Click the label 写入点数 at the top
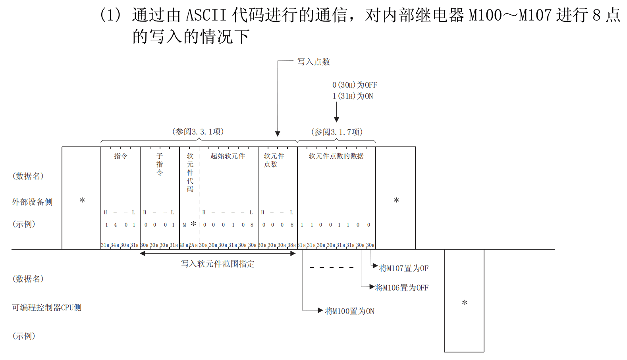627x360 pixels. click(x=314, y=62)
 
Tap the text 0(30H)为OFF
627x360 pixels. click(x=355, y=85)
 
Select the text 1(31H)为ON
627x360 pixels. click(x=353, y=96)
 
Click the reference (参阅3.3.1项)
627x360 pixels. click(x=198, y=132)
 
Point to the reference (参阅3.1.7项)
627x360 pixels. click(x=337, y=132)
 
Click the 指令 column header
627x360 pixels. click(x=121, y=156)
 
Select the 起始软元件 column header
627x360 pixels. click(x=228, y=156)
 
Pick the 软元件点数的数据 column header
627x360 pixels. click(x=336, y=156)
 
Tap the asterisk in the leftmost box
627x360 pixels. click(x=82, y=200)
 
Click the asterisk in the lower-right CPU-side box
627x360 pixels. click(x=465, y=303)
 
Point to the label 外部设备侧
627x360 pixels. click(x=32, y=202)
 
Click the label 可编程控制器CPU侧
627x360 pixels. click(x=47, y=308)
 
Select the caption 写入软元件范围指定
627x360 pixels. click(x=218, y=264)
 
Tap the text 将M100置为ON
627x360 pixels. click(x=349, y=311)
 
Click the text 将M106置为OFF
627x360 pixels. click(x=401, y=288)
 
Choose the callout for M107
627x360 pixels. click(x=403, y=268)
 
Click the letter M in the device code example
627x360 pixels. click(x=184, y=225)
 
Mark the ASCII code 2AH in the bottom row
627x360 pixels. click(x=193, y=245)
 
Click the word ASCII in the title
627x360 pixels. click(x=206, y=15)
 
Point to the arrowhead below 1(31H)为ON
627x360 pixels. click(x=337, y=119)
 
